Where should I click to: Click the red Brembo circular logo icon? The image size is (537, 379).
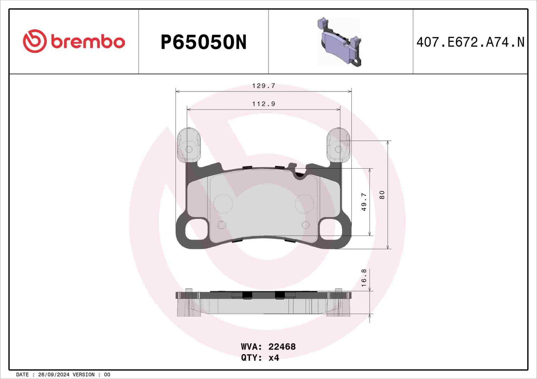click(x=35, y=41)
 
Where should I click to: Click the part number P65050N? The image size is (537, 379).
click(x=203, y=42)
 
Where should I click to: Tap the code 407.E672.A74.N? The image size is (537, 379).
click(x=470, y=42)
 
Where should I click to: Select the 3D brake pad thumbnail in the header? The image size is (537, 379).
click(x=339, y=42)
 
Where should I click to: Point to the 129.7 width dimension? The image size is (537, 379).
click(x=264, y=86)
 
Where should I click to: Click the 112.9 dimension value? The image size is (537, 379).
click(x=264, y=104)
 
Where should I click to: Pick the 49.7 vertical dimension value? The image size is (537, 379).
click(x=364, y=202)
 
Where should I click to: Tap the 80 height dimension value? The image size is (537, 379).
click(x=382, y=195)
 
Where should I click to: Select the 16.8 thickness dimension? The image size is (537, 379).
click(x=364, y=278)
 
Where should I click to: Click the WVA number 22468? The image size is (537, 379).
click(x=282, y=347)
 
